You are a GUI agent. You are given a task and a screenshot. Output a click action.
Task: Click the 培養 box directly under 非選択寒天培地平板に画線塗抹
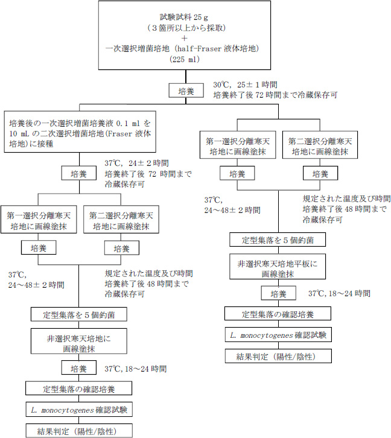278,293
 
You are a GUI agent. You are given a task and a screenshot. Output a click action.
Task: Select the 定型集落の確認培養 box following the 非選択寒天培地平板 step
277,315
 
